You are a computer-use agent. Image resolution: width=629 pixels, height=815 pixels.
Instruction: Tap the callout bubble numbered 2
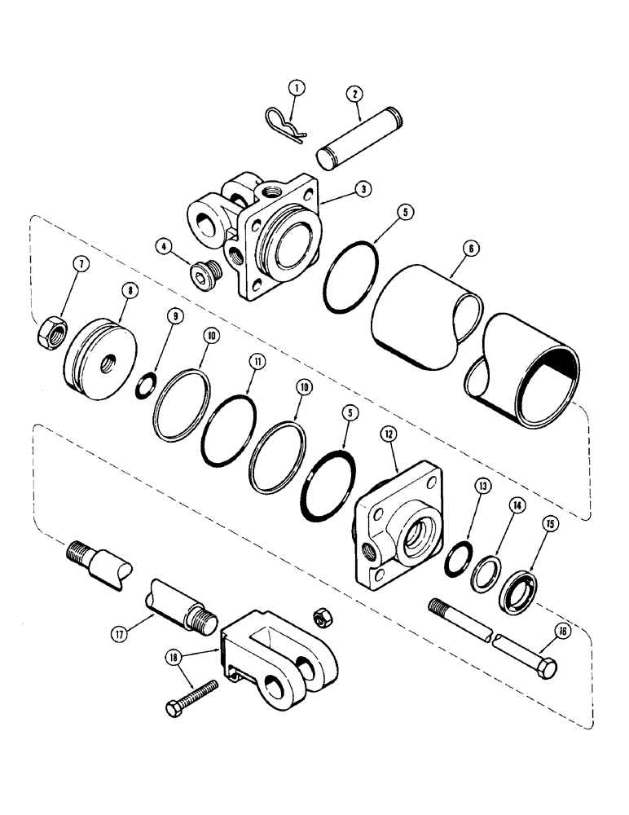click(355, 94)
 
